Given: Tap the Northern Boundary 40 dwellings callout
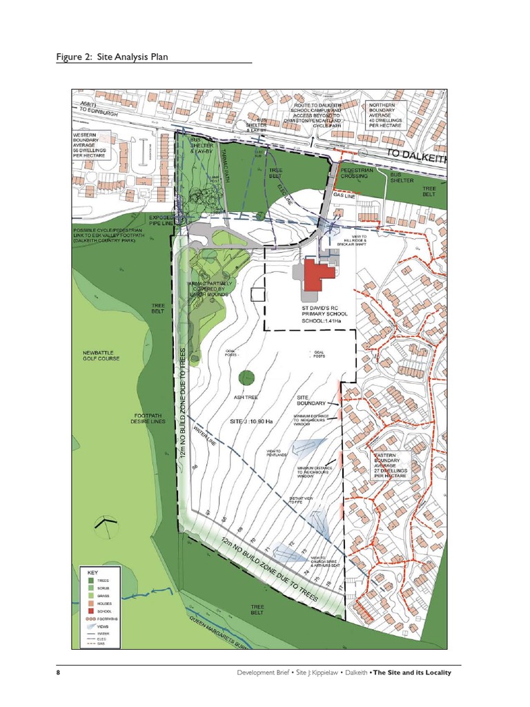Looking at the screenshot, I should click(x=386, y=117).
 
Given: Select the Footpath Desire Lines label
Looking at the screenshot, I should click(x=148, y=418).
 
